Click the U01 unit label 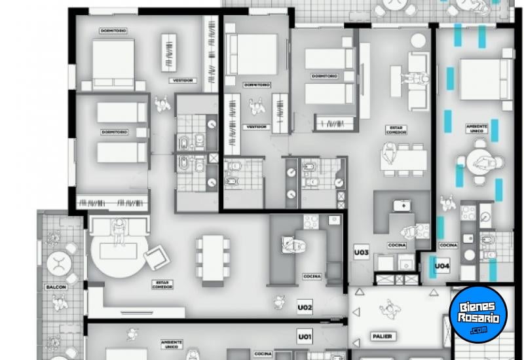click(305, 337)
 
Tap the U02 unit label click(305, 306)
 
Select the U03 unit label click(362, 251)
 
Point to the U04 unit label click(443, 266)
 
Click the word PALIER click(382, 336)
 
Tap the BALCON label click(56, 287)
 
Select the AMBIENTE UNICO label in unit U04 click(477, 128)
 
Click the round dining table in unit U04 click(480, 161)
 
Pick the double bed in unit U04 click(484, 78)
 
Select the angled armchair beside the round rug click(157, 257)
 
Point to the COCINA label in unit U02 click(312, 276)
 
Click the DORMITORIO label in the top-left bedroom click(113, 31)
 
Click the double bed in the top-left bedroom click(113, 63)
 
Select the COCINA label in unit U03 click(397, 245)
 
